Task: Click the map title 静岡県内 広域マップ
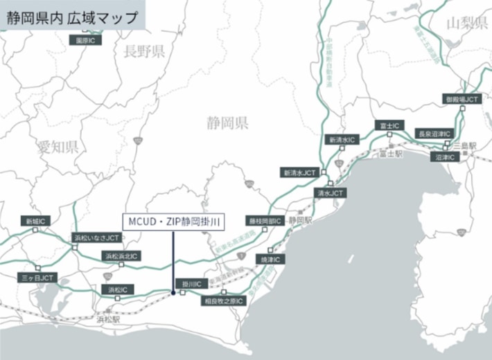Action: point(72,17)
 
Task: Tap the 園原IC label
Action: point(87,40)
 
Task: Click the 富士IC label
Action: point(389,125)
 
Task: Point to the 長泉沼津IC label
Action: point(434,133)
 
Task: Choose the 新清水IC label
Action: point(342,139)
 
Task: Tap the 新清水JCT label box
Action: point(299,172)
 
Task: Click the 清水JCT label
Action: point(329,193)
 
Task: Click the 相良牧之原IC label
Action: point(223,301)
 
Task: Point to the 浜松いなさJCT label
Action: point(97,237)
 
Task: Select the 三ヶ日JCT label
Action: point(37,277)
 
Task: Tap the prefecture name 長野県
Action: point(143,51)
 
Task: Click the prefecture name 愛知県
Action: point(58,146)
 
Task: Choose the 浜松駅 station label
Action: point(108,320)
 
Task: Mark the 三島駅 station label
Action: point(465,145)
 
